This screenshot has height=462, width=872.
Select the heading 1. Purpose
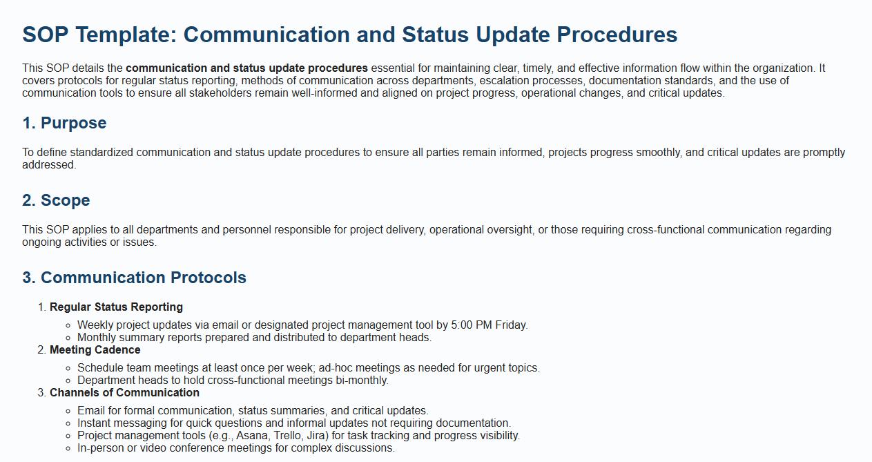(x=64, y=123)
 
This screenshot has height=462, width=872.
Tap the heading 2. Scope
(x=56, y=200)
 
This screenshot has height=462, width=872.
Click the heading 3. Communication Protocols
(x=135, y=278)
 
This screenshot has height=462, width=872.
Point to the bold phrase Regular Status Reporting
(x=116, y=307)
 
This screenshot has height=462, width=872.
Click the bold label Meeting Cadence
(x=95, y=350)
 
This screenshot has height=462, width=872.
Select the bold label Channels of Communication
(x=124, y=393)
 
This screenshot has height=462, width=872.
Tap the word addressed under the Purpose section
(x=49, y=165)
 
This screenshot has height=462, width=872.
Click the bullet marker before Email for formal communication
(x=68, y=412)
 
